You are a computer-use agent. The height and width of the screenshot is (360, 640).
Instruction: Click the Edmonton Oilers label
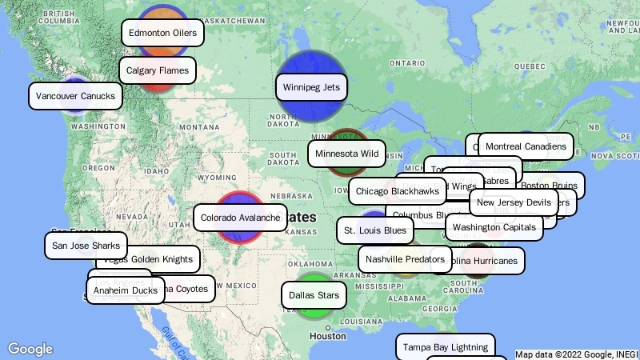pyautogui.click(x=162, y=33)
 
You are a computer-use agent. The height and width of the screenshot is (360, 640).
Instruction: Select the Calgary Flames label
pyautogui.click(x=157, y=70)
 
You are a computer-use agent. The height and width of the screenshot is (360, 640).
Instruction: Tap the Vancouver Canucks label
pyautogui.click(x=76, y=97)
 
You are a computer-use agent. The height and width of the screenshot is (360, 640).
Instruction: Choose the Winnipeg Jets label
pyautogui.click(x=311, y=86)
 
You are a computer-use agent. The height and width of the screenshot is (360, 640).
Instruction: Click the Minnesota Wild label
pyautogui.click(x=346, y=153)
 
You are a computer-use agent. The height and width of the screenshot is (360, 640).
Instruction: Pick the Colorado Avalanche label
pyautogui.click(x=240, y=218)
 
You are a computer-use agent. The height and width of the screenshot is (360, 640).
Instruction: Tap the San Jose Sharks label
pyautogui.click(x=86, y=246)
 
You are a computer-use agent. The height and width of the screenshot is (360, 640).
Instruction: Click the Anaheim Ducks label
pyautogui.click(x=125, y=290)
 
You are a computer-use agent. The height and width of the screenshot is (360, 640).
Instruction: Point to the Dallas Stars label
pyautogui.click(x=314, y=295)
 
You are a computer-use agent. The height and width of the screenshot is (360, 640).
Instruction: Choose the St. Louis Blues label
pyautogui.click(x=374, y=230)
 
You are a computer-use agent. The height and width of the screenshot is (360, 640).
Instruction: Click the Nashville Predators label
pyautogui.click(x=406, y=259)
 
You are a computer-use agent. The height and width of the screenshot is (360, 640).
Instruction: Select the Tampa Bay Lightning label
pyautogui.click(x=445, y=347)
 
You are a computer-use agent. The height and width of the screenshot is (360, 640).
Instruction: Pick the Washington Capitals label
pyautogui.click(x=494, y=227)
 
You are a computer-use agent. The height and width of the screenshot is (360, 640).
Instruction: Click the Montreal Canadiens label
pyautogui.click(x=526, y=146)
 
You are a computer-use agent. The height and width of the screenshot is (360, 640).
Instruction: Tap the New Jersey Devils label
pyautogui.click(x=514, y=202)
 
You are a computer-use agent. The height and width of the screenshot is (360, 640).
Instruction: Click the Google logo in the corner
pyautogui.click(x=30, y=349)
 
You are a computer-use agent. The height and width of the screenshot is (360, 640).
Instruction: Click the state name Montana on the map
pyautogui.click(x=198, y=127)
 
